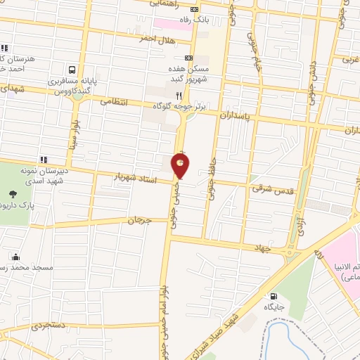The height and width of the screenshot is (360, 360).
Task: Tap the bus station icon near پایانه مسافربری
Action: pyautogui.click(x=72, y=70)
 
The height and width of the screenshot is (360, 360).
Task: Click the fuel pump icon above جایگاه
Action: pyautogui.click(x=273, y=296)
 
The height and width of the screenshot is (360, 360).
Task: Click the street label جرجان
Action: pyautogui.click(x=139, y=221)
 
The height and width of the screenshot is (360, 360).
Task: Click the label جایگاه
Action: pyautogui.click(x=273, y=307)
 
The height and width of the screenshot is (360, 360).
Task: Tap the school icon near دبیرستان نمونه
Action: pyautogui.click(x=44, y=160)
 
